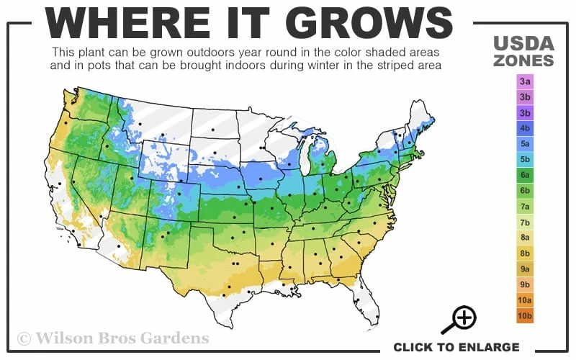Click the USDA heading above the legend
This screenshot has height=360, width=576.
click(523, 44)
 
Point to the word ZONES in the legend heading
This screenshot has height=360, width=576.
click(523, 60)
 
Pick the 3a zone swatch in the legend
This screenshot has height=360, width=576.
click(525, 82)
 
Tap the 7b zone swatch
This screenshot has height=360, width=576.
click(525, 222)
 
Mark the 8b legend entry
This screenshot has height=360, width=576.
click(525, 253)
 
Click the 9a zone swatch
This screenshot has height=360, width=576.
click(525, 269)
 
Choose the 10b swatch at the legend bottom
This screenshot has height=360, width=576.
click(525, 315)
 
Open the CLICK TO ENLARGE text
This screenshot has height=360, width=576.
click(456, 347)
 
